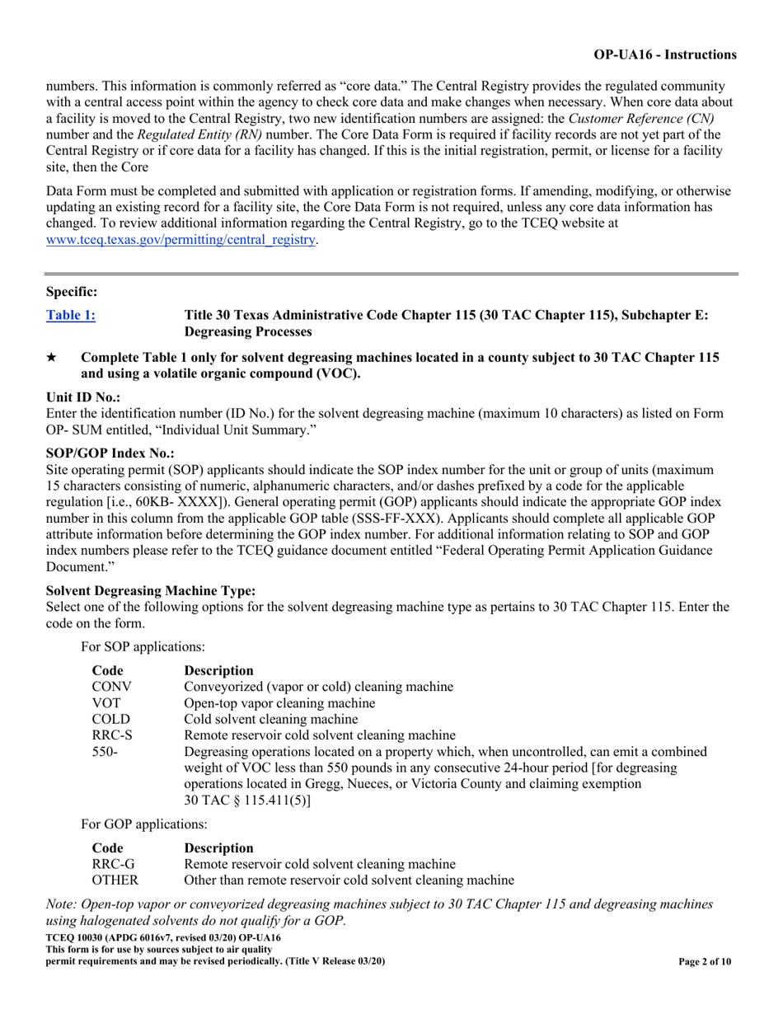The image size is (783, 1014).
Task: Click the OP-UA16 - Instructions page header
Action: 665,55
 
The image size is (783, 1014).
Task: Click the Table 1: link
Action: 71,314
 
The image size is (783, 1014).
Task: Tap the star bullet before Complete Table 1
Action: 51,357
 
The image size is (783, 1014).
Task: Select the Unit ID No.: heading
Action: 83,397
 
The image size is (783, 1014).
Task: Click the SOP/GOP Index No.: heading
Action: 110,453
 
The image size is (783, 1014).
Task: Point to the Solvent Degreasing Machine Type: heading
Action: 151,590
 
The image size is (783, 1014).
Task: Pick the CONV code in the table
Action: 111,686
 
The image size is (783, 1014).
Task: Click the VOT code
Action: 105,703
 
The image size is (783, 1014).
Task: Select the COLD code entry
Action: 110,719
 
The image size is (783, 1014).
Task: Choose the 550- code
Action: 104,752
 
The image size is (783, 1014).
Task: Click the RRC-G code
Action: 111,864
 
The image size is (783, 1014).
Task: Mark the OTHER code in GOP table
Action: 115,880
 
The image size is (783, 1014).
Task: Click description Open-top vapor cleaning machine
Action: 279,703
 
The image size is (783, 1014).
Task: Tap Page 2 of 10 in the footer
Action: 705,961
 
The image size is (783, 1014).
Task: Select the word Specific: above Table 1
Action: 72,291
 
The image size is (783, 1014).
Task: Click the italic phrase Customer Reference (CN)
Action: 641,118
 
